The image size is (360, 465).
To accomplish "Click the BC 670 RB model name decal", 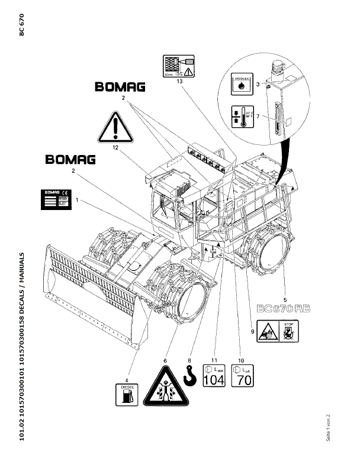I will pos(284,308).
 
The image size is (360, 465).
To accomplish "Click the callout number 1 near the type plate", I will pos(76,201).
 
